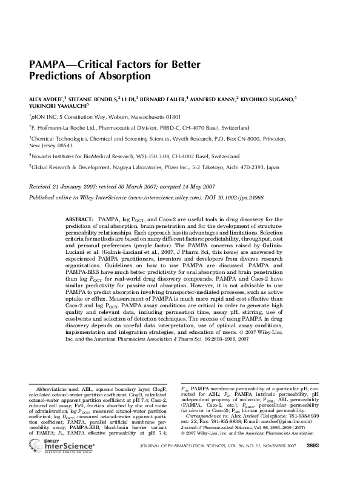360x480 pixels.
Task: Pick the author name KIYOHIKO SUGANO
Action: pyautogui.click(x=268, y=98)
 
